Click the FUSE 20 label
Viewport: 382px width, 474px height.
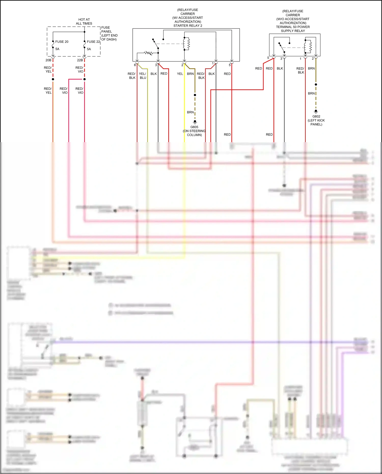(62, 42)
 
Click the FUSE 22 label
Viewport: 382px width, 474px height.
(93, 42)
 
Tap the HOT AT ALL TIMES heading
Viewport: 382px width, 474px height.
(84, 21)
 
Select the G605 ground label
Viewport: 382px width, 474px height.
(194, 127)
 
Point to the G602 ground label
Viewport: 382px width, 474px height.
(316, 116)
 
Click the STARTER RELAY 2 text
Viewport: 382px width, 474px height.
(188, 26)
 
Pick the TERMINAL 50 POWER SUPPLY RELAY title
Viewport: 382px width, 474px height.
(293, 29)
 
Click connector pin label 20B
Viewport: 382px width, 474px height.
(48, 60)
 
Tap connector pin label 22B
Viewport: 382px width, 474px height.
(80, 60)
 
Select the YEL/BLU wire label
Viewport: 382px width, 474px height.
(143, 76)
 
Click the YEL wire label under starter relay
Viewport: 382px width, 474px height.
(180, 74)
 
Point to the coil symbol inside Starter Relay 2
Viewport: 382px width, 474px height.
(188, 44)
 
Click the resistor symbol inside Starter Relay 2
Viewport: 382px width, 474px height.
(148, 53)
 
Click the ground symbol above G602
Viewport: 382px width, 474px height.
(316, 112)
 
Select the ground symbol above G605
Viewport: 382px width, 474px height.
(195, 122)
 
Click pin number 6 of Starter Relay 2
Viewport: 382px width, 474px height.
(135, 65)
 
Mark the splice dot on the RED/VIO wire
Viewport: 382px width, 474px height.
(84, 79)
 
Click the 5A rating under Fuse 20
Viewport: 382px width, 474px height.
(57, 49)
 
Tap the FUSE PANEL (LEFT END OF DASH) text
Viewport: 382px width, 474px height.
(109, 33)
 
